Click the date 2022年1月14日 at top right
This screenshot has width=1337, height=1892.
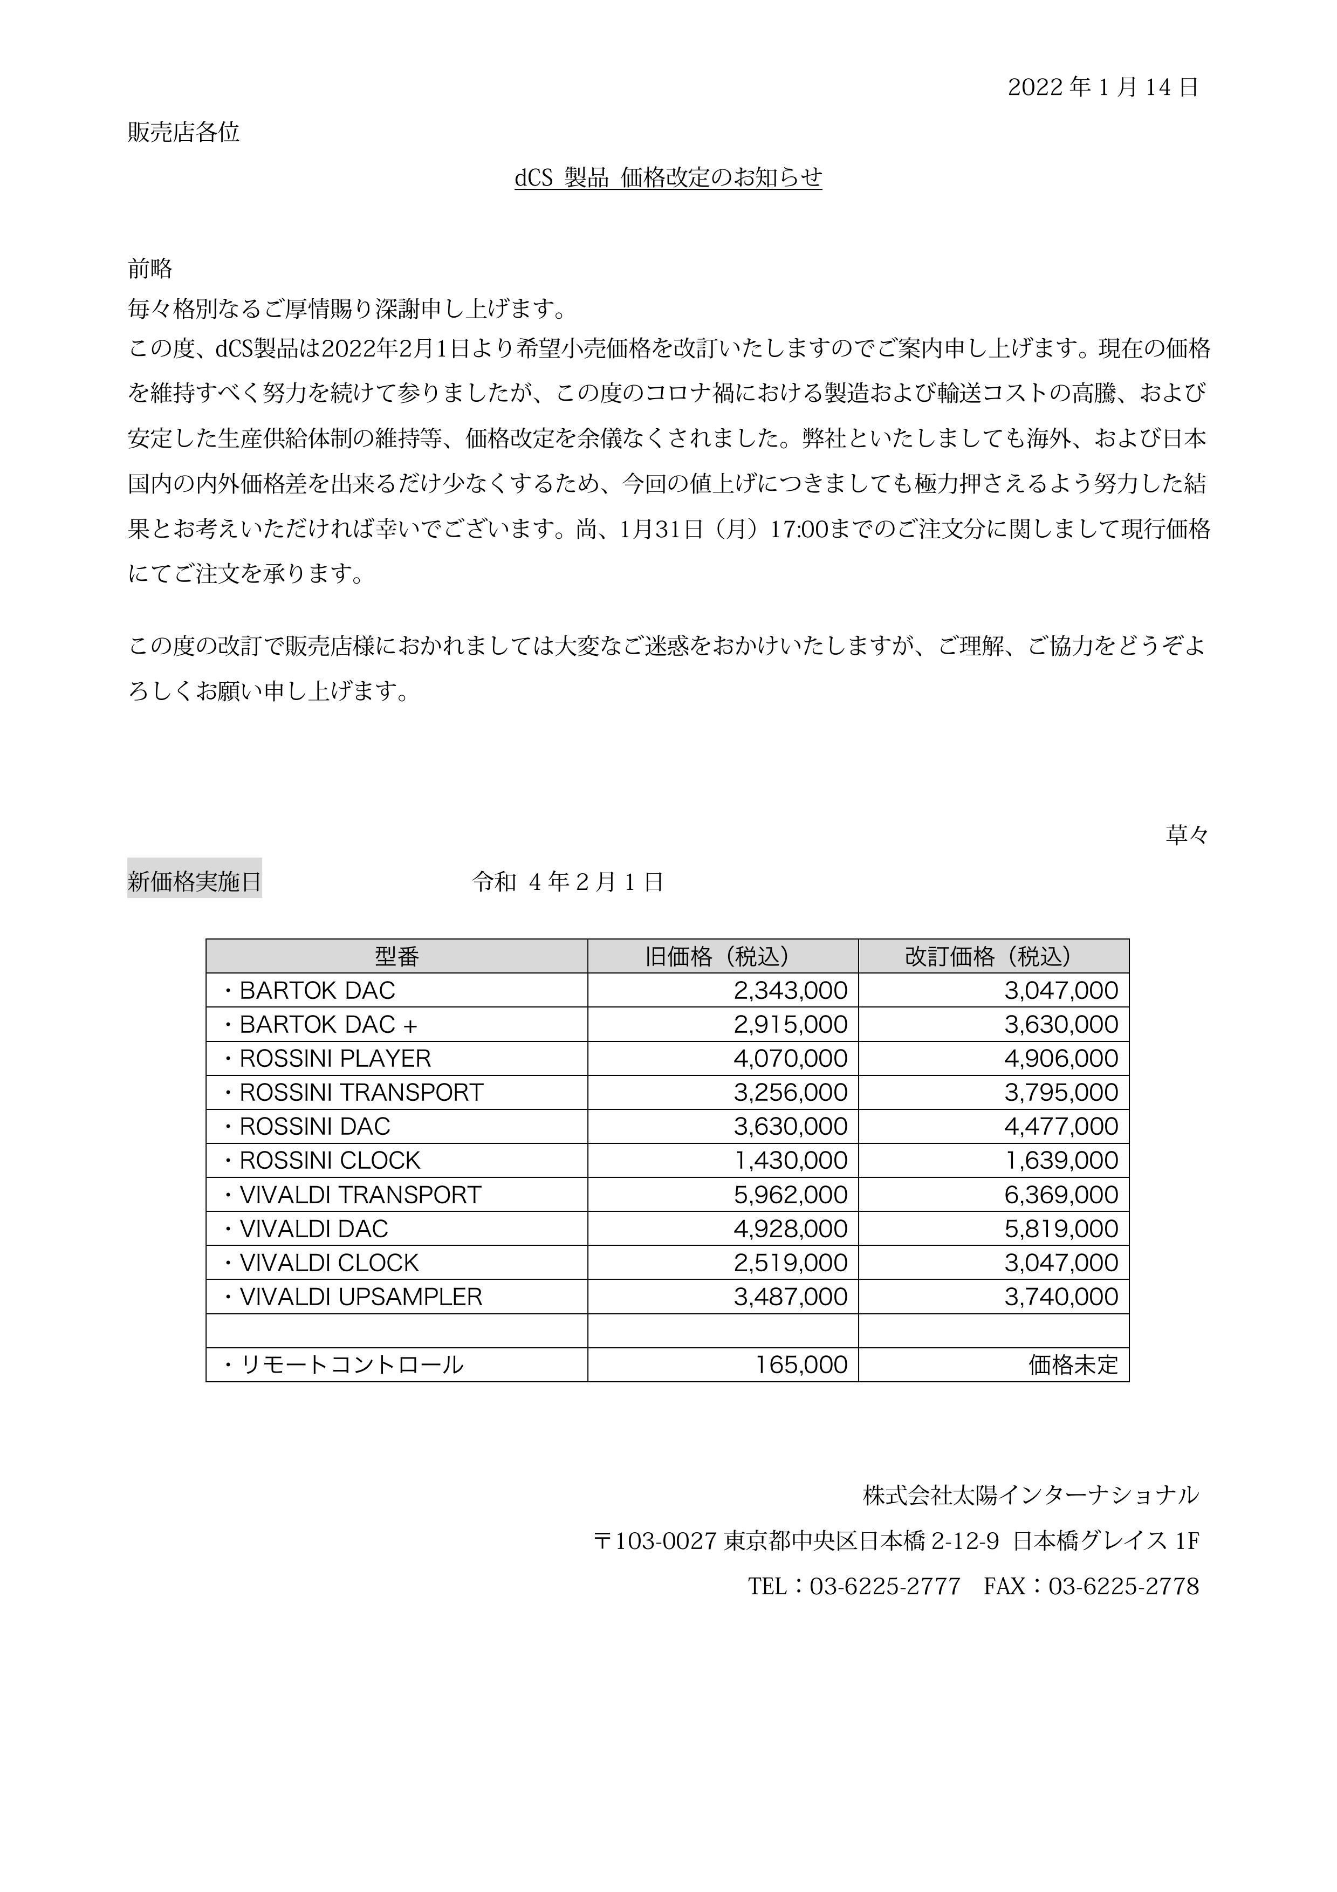click(x=1103, y=87)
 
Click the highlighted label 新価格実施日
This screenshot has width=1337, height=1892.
click(x=194, y=882)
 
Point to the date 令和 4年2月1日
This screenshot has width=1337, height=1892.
click(x=567, y=882)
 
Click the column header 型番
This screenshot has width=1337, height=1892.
click(x=396, y=956)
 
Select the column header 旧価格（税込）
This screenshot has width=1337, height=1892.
click(x=723, y=956)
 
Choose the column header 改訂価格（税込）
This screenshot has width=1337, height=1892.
click(x=993, y=956)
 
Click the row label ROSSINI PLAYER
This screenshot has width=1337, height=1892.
click(x=334, y=1058)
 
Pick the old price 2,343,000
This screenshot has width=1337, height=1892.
click(x=790, y=991)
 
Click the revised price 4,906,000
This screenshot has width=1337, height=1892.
click(x=1061, y=1058)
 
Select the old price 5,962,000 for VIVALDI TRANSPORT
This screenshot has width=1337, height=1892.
click(x=790, y=1194)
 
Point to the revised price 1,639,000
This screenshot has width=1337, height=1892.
click(x=1061, y=1160)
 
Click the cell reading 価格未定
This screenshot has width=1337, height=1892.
click(x=1073, y=1365)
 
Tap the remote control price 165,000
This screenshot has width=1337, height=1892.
click(x=801, y=1365)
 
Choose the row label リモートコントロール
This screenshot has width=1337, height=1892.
click(x=351, y=1365)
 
